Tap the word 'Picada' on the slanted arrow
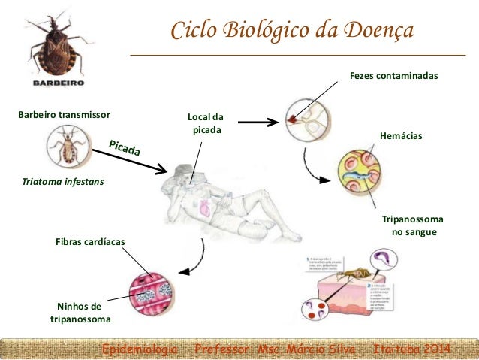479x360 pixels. coord(125,148)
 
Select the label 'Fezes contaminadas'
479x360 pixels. coord(394,77)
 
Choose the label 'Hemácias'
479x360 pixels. coord(402,136)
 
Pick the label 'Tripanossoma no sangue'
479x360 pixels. coord(413,225)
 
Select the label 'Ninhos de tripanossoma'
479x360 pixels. coord(80,313)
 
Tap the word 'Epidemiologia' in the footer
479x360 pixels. coord(140,349)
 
